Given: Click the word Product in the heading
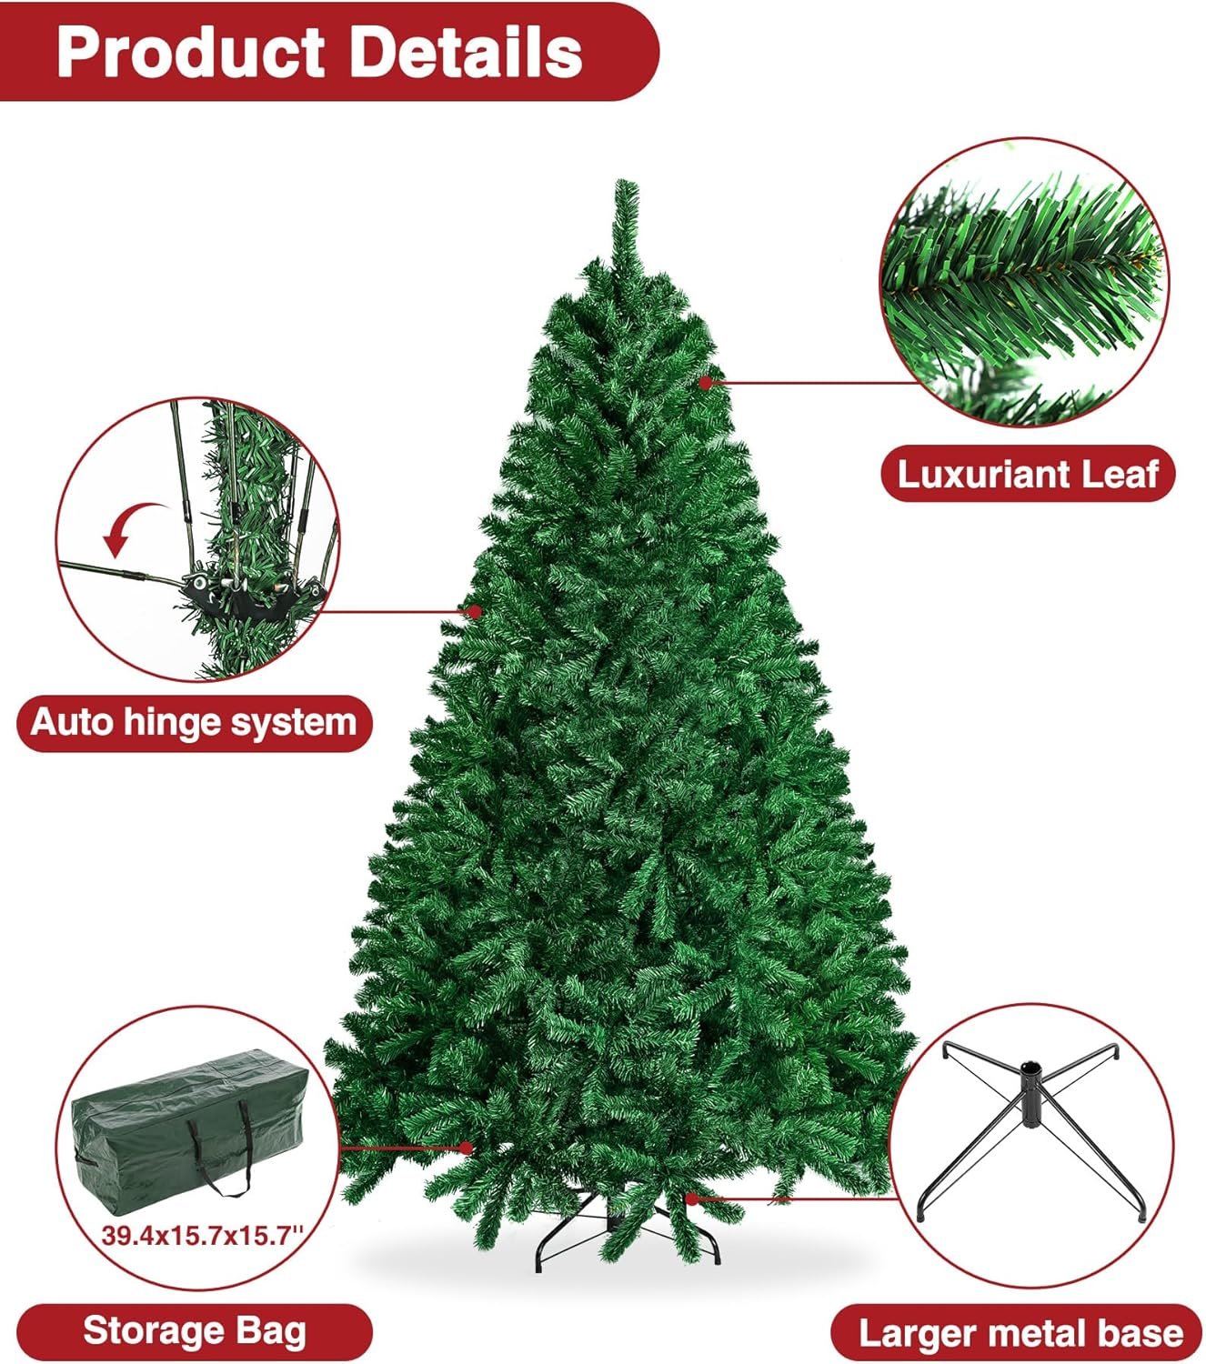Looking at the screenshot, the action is pos(191,53).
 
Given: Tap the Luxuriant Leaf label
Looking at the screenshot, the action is pos(1028,474).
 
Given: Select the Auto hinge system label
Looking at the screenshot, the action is pos(194,723).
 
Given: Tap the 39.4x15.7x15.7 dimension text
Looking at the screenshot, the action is pos(203,1236).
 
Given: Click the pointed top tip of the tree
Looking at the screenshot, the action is pos(626,181).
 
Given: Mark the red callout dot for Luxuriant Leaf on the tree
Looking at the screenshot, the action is pos(705,383).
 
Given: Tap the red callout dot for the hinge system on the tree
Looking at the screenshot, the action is pos(475,611).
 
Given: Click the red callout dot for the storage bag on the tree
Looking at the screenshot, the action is pos(466,1148).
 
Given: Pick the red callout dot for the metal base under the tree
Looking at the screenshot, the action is pos(691,1199).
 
